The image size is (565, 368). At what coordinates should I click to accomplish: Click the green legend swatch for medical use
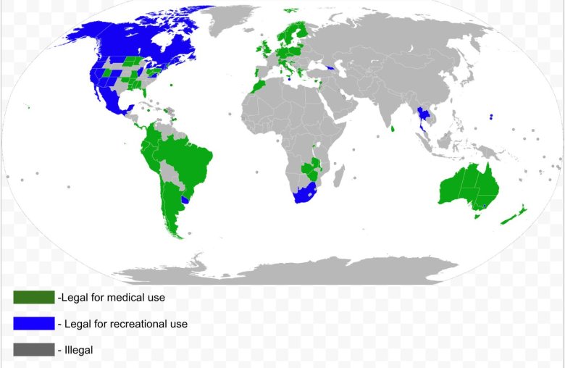pyautogui.click(x=34, y=297)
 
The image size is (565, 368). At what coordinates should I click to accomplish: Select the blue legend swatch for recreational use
pyautogui.click(x=34, y=323)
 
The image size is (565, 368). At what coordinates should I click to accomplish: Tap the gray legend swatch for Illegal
pyautogui.click(x=34, y=350)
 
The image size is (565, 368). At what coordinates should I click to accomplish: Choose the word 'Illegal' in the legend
pyautogui.click(x=79, y=350)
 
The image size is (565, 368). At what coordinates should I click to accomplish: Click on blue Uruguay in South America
pyautogui.click(x=186, y=198)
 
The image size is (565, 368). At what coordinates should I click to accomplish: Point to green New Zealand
pyautogui.click(x=514, y=214)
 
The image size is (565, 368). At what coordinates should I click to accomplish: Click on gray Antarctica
pyautogui.click(x=304, y=272)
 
